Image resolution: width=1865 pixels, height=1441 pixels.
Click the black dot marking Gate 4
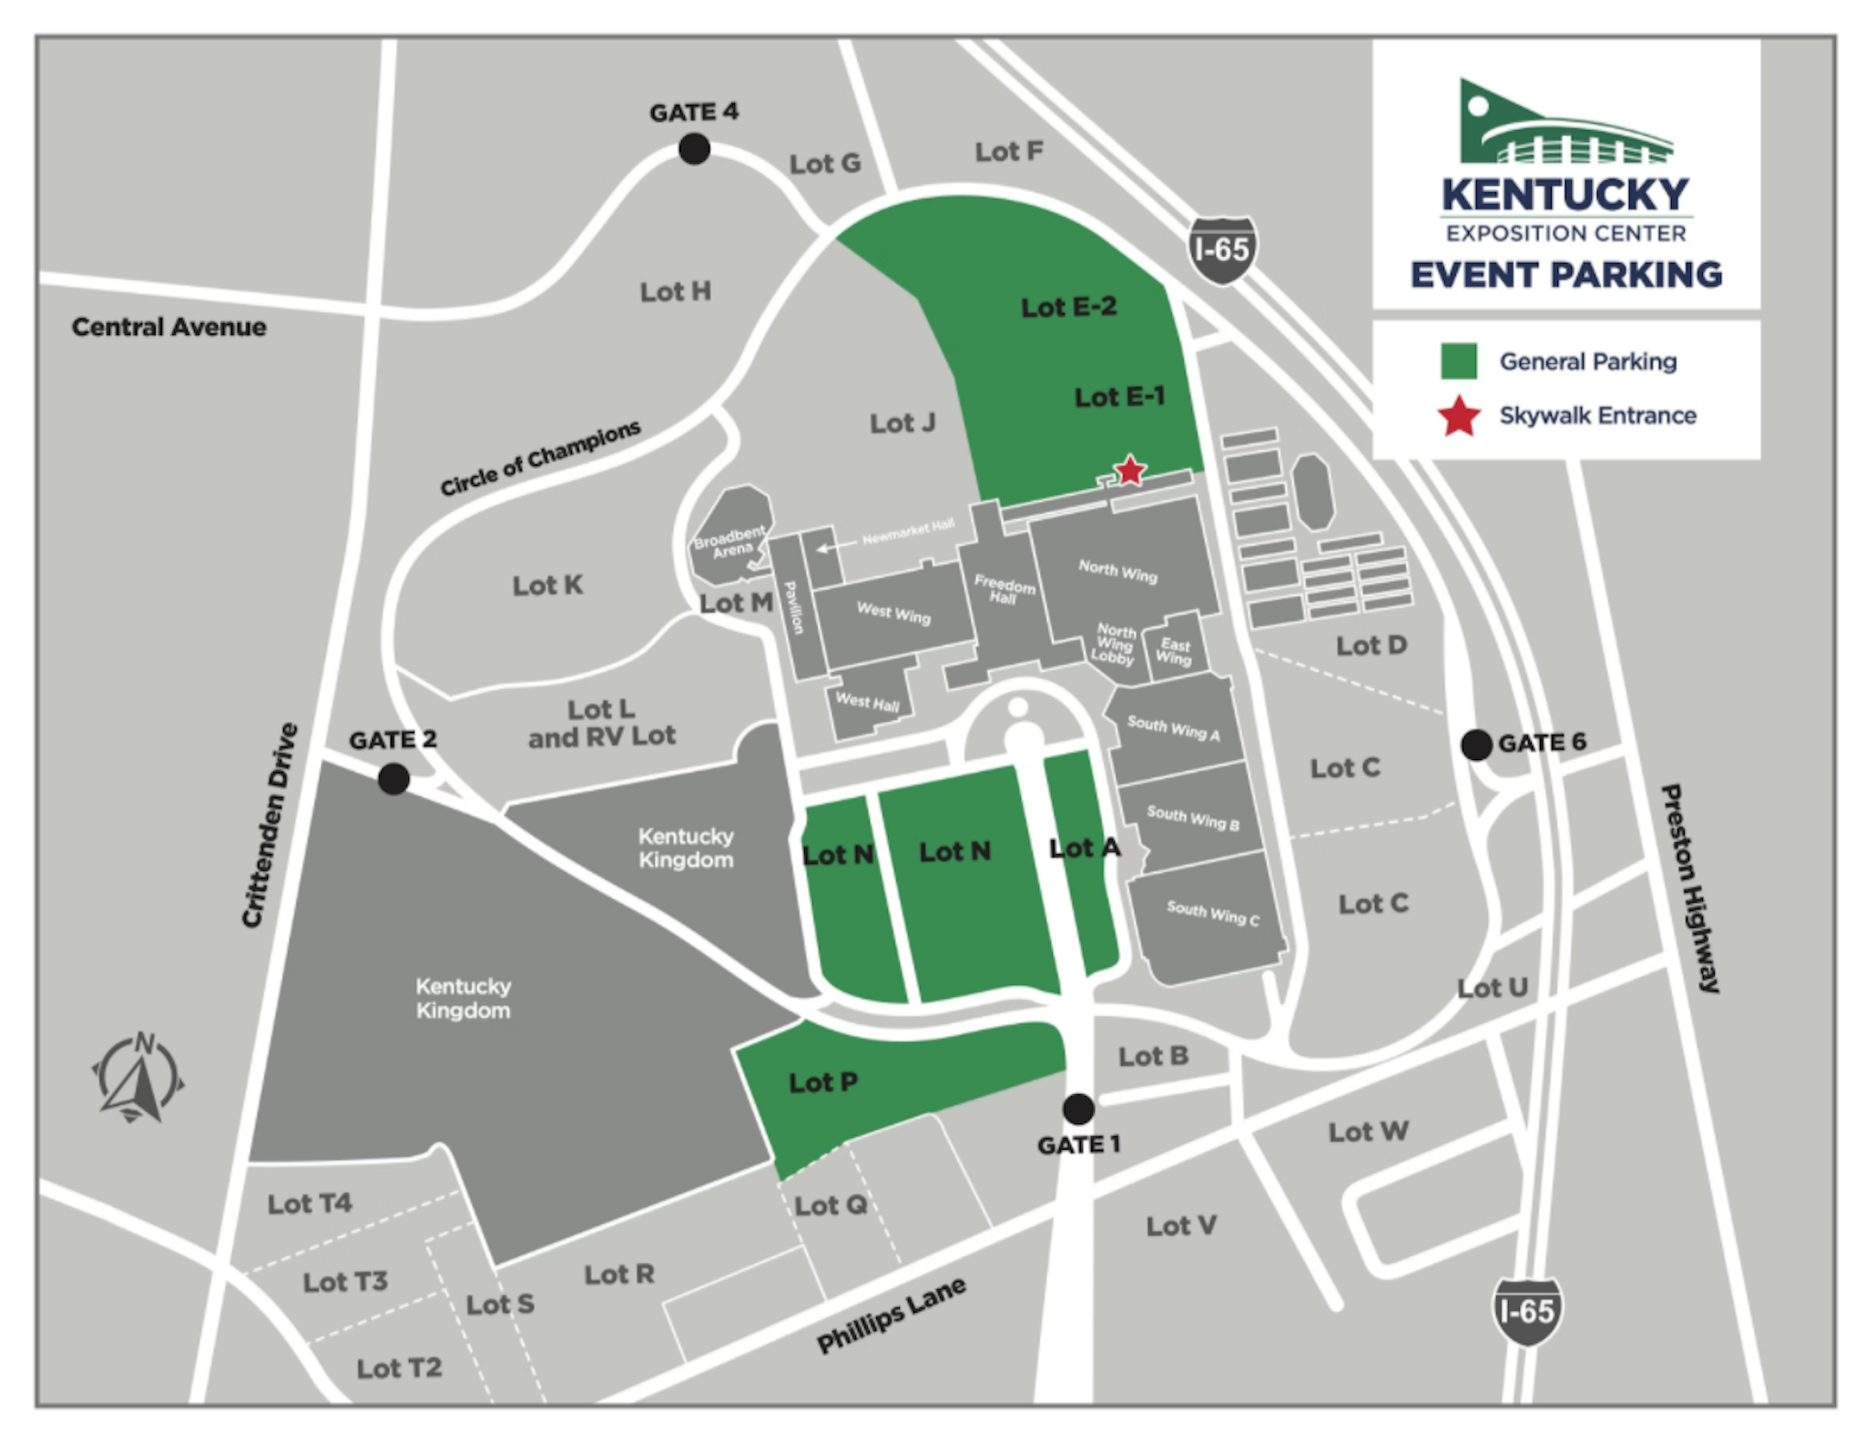pos(694,148)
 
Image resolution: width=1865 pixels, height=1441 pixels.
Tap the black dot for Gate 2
pos(393,779)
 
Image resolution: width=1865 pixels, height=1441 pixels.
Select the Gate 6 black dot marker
pos(1476,745)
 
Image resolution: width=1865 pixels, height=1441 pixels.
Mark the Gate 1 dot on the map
pos(1078,1109)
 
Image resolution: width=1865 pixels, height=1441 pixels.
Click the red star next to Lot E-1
pos(1130,471)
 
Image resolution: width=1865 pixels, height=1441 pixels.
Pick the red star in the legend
pos(1459,417)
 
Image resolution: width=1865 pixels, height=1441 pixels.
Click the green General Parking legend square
pos(1458,361)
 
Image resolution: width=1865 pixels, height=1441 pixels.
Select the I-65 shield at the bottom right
pos(1527,1312)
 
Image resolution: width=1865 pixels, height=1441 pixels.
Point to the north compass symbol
pos(138,1077)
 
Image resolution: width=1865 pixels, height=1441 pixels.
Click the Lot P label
pos(822,1082)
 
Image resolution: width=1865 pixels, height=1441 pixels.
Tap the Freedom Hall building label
pos(1004,589)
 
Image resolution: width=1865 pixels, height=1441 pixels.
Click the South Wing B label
pos(1192,817)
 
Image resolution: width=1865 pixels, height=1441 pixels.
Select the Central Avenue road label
pos(169,327)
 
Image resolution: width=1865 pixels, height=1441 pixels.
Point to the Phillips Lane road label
pos(891,1314)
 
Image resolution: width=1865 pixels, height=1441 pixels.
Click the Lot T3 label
pos(345,1282)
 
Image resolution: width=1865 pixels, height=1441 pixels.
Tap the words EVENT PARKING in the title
pos(1565,274)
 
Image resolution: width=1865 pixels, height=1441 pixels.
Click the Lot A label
pos(1085,848)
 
